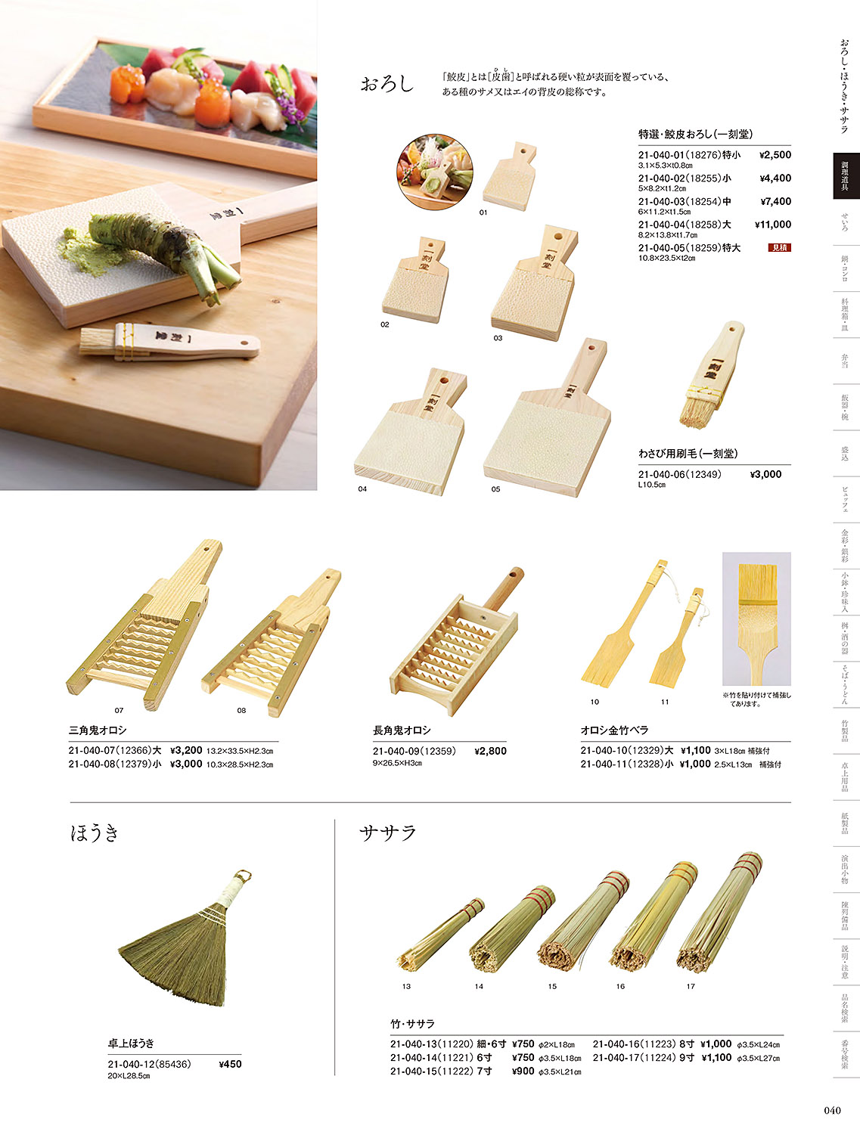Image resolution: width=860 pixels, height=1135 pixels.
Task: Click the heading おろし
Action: [387, 83]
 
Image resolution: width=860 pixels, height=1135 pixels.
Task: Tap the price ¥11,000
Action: [772, 225]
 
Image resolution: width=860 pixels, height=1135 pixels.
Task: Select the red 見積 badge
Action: [779, 248]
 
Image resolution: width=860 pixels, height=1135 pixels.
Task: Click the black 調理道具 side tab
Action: [846, 176]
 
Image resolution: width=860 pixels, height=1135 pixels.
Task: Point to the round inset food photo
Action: [434, 172]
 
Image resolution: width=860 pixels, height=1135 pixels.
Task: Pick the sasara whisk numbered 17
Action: [719, 913]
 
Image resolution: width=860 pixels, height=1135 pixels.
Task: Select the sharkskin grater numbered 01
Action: [510, 176]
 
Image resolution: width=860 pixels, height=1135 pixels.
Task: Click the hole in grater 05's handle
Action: [589, 349]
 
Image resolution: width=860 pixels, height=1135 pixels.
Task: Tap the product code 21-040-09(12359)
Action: [414, 751]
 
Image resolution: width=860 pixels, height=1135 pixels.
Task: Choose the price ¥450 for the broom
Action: [230, 1064]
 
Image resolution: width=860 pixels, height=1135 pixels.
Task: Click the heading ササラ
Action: [388, 833]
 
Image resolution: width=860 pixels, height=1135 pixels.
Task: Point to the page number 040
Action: [832, 1110]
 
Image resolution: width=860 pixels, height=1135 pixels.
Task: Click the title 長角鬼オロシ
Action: [402, 730]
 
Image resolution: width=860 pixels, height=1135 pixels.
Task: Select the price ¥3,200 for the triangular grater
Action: [186, 750]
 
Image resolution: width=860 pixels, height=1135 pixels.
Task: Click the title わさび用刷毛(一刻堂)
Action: [688, 454]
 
